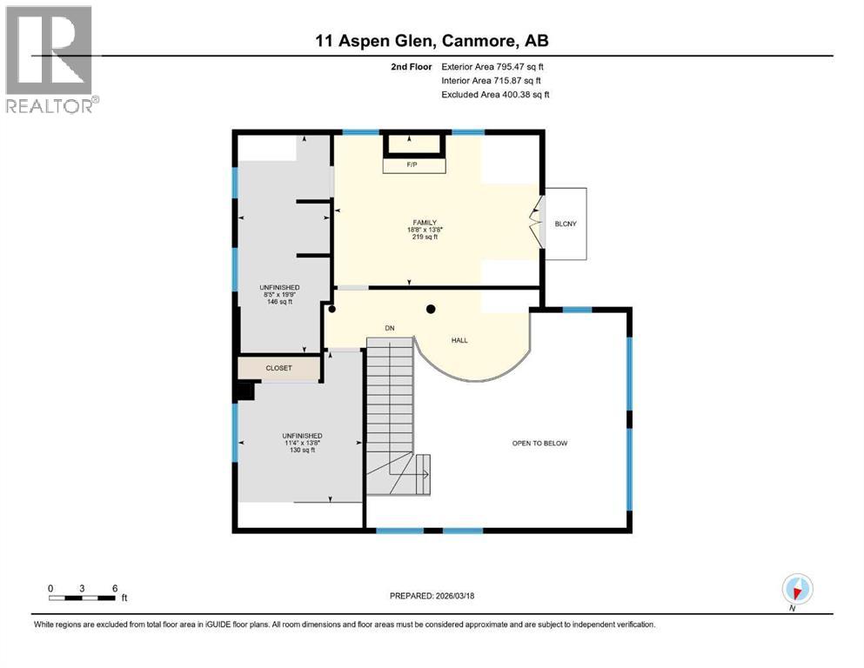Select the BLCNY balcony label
pos(566,224)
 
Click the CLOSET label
pos(279,368)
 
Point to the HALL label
pos(459,340)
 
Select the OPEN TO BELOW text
pos(539,443)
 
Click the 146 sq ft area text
pos(279,302)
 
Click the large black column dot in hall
pos(430,309)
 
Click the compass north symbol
pos(797,589)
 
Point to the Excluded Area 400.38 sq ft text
pos(495,94)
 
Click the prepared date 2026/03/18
pos(432,596)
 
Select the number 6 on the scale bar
pos(114,588)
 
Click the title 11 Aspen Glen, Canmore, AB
pos(432,41)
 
